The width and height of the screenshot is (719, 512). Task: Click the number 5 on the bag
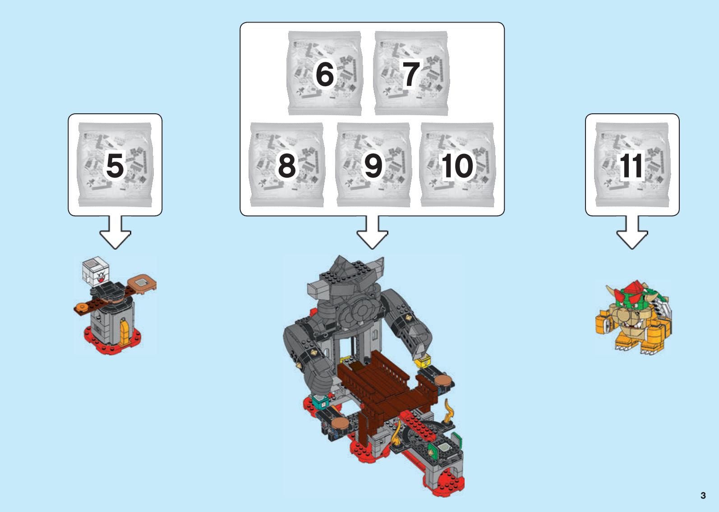pos(115,166)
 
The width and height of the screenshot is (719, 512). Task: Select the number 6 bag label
pos(325,74)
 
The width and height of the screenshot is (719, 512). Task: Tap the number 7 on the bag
pos(411,74)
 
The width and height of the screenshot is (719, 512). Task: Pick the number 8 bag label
pos(286,166)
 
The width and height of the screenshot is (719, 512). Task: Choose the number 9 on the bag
pos(373,166)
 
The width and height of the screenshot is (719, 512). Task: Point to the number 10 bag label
pos(457,166)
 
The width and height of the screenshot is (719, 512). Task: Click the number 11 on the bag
pos(631,166)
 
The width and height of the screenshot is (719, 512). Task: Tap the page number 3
pos(703,495)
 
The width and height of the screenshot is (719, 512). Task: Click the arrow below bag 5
pos(115,232)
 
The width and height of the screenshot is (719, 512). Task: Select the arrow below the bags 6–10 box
pos(372,232)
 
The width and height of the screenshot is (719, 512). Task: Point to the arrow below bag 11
pos(632,232)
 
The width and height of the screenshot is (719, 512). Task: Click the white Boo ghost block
pos(95,271)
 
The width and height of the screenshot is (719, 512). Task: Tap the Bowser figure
pos(633,317)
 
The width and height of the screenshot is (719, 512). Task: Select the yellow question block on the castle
pos(422,362)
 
